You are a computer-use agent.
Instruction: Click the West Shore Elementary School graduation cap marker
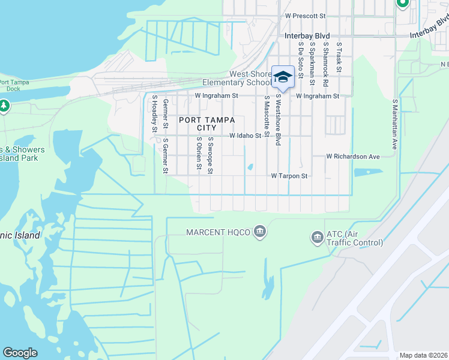(283, 77)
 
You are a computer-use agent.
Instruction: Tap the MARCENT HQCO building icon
(260, 232)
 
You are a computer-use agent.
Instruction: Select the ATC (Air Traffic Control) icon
(316, 238)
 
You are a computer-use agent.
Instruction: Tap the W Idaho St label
(246, 136)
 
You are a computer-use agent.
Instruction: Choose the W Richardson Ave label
(353, 157)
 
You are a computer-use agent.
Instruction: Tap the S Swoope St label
(211, 155)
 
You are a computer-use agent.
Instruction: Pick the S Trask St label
(339, 58)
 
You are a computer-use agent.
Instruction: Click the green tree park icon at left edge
(4, 106)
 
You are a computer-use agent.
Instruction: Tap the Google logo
(20, 353)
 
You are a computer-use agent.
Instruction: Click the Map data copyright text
(423, 355)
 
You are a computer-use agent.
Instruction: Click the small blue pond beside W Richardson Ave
(368, 172)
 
